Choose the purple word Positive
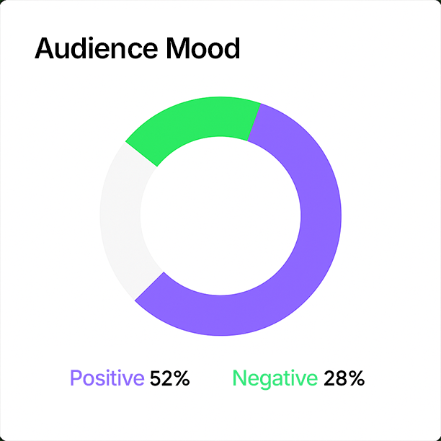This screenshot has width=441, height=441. coord(107,378)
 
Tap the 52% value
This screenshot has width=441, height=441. coord(170,378)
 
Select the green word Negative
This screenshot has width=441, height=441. coord(275,378)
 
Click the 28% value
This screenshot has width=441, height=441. coord(344,378)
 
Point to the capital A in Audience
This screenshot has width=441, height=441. coord(45,49)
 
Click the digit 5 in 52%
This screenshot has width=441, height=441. coord(156,378)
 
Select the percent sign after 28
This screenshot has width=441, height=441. coord(356,378)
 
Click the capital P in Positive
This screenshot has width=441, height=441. coord(75,378)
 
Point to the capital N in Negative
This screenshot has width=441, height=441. coord(239,378)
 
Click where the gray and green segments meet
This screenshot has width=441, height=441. coord(142,154)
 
